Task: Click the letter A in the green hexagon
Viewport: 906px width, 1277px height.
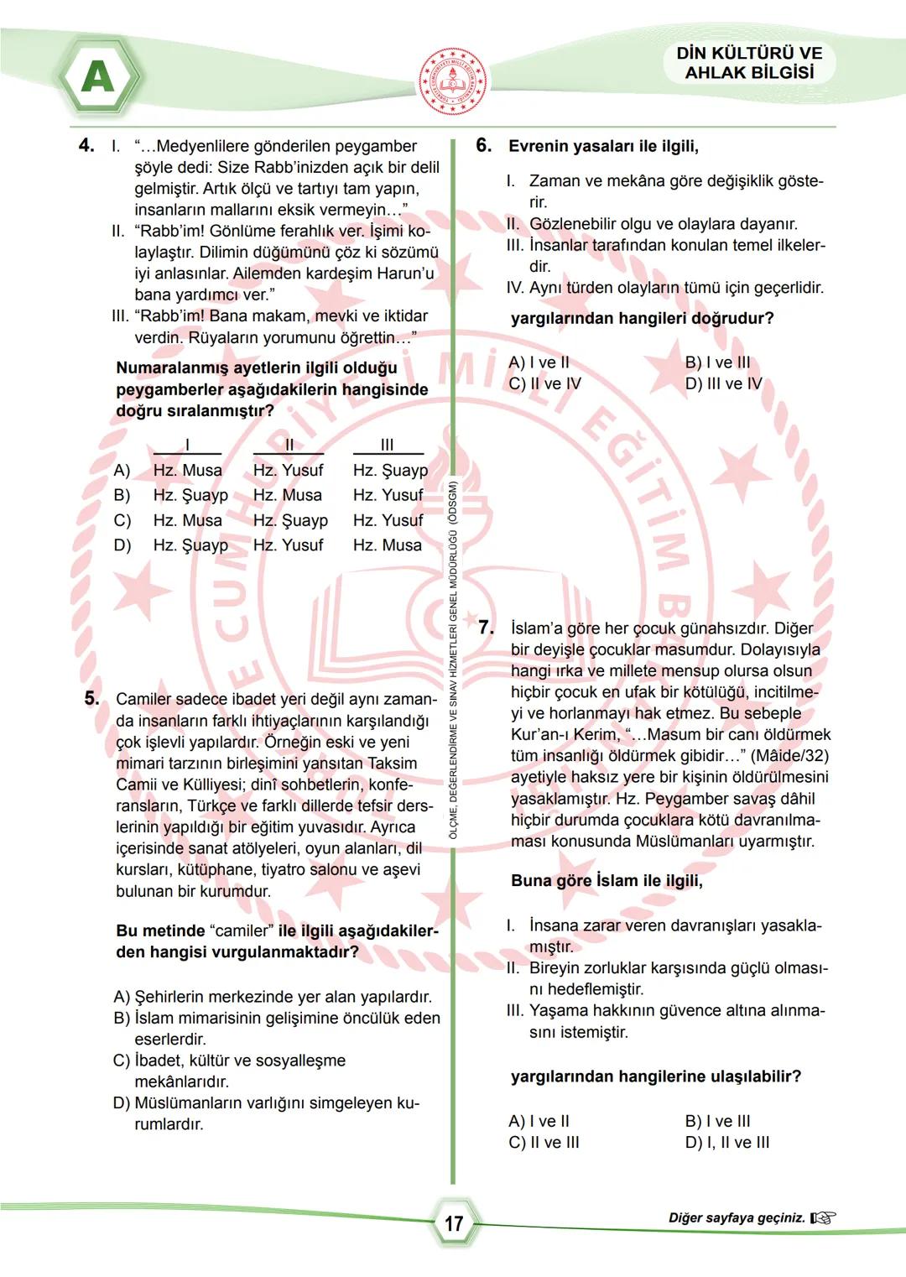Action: pos(98,77)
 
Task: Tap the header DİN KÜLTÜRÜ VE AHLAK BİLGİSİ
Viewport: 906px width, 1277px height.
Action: pos(749,63)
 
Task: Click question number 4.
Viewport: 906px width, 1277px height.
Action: pos(86,145)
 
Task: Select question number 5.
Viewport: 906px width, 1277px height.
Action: pos(91,698)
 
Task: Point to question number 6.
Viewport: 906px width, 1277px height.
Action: pos(483,145)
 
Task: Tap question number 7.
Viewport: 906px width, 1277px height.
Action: pos(486,627)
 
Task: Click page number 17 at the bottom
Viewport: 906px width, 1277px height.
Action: pos(454,1223)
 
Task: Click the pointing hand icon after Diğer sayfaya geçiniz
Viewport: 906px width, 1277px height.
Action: pos(824,1218)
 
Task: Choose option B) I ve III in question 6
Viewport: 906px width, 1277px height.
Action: pos(717,362)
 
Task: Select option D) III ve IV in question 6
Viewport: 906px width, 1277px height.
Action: pos(723,383)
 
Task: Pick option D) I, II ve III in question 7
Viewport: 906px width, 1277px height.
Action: pos(726,1142)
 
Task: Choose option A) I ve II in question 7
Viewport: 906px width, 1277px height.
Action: pos(539,1121)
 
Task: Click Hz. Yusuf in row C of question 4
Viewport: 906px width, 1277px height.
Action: pos(388,520)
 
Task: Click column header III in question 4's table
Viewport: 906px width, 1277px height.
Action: pos(387,445)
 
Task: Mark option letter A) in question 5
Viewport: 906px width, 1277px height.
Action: pos(122,997)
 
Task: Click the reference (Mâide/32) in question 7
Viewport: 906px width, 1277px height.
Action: pos(789,756)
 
